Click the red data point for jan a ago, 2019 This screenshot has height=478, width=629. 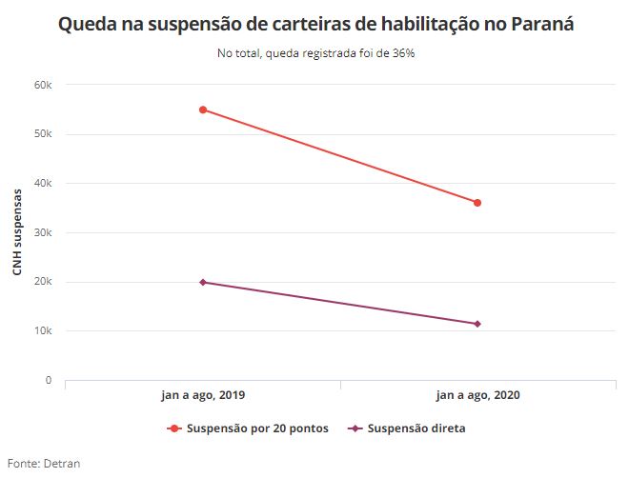click(x=203, y=110)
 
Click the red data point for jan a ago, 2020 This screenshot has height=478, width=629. click(x=477, y=203)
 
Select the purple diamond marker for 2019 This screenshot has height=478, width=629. click(x=203, y=282)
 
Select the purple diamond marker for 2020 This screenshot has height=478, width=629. click(x=477, y=324)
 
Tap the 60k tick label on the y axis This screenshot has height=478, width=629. click(x=42, y=85)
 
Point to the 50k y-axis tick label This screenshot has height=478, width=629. click(x=42, y=134)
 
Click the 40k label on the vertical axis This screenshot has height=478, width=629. click(x=42, y=183)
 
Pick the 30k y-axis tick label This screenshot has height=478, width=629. click(x=42, y=232)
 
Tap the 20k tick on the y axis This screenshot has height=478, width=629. click(x=42, y=282)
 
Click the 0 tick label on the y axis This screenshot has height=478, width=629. click(x=48, y=380)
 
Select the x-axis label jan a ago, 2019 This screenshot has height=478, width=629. click(x=202, y=394)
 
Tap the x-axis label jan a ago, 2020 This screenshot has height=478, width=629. click(x=477, y=394)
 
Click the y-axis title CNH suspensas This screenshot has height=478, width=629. click(x=17, y=232)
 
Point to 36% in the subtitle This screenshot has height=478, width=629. click(x=401, y=53)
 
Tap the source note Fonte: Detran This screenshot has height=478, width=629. click(x=44, y=464)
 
